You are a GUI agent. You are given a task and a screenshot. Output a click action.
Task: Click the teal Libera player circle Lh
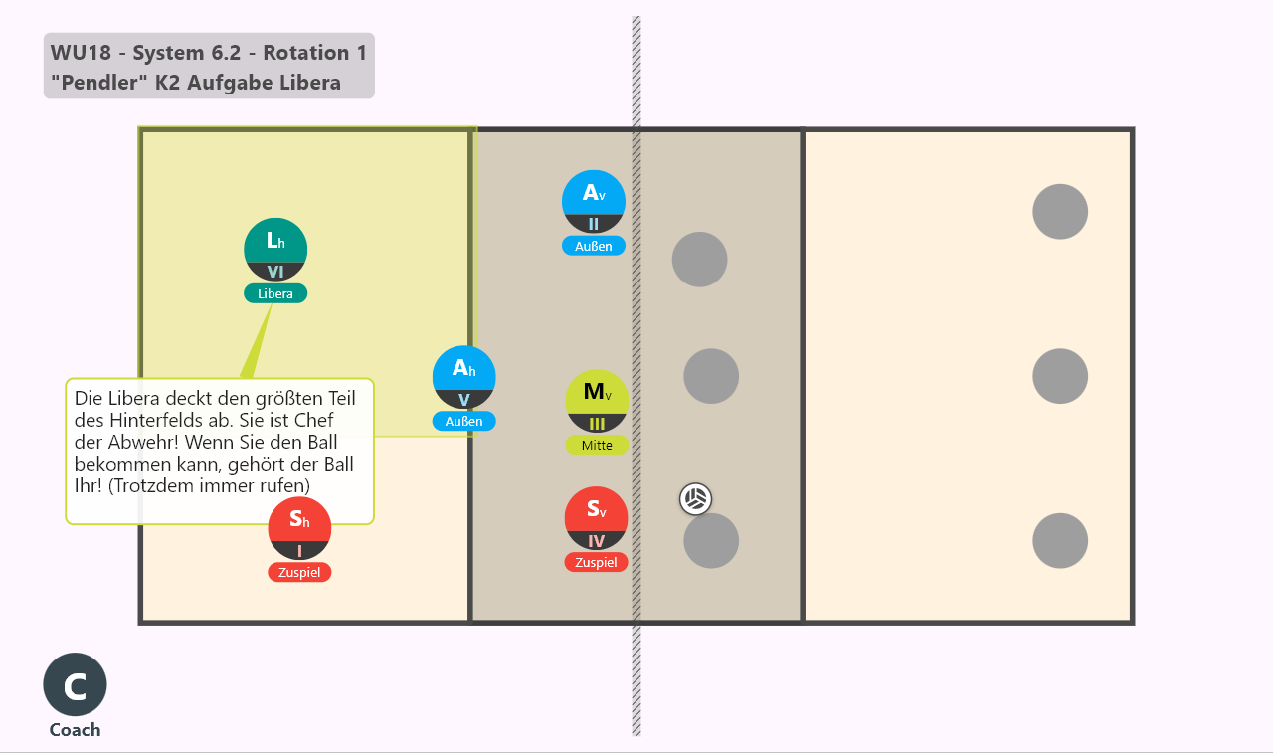275,249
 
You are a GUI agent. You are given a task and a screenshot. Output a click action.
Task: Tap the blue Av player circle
594,201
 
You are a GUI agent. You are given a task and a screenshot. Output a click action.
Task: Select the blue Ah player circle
463,377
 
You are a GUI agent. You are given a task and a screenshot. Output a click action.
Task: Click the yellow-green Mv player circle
597,401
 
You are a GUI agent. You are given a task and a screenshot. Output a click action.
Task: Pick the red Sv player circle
596,517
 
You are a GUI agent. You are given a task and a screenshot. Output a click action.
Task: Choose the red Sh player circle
299,528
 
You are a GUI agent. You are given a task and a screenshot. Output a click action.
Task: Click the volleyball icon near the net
695,499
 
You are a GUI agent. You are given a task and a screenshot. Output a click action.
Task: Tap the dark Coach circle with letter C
75,684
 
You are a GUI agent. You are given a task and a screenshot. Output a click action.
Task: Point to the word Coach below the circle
75,730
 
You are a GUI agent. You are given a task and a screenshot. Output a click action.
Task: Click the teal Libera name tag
275,293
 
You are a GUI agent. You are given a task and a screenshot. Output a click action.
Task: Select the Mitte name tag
597,445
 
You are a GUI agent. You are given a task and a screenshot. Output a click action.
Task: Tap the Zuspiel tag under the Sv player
596,562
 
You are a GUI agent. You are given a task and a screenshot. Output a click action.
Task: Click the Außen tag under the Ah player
463,421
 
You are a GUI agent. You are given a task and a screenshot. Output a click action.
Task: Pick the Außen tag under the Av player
594,246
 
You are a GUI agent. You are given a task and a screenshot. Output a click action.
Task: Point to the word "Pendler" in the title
94,83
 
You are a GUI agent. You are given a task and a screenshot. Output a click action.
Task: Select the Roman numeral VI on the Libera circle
275,272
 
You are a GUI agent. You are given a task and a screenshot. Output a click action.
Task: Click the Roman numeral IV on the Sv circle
596,541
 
